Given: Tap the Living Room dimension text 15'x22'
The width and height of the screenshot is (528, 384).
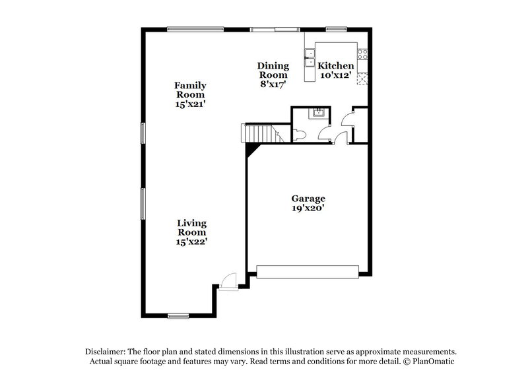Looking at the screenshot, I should pos(191,242).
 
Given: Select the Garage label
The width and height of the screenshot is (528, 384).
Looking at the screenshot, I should pos(309,198).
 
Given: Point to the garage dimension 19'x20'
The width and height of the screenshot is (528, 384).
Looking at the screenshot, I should pos(309,208).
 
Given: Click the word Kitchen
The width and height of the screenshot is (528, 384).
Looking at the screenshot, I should pos(336,66).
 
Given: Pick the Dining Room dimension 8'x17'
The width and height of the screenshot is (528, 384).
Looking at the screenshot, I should pos(273,84).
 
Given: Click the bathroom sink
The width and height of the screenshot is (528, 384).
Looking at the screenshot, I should pos(318,112).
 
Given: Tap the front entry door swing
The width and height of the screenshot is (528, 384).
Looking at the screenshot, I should pos(227,281).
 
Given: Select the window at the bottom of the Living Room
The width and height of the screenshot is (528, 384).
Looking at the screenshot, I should pos(178,314).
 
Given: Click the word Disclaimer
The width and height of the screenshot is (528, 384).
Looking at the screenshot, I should pos(105,352).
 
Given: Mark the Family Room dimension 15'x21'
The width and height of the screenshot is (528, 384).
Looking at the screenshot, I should pos(190,104).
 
